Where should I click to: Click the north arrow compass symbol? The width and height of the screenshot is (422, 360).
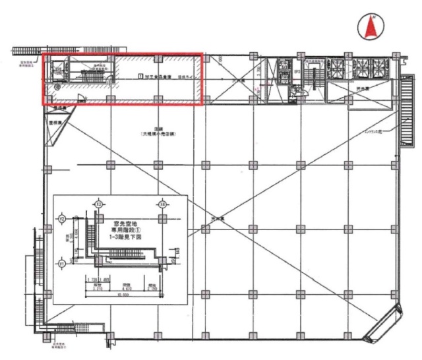(x=371, y=26)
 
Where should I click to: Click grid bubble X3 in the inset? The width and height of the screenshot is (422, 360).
(x=98, y=205)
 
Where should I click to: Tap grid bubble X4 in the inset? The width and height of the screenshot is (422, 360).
(x=161, y=205)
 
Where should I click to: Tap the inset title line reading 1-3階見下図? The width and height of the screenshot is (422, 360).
(x=129, y=237)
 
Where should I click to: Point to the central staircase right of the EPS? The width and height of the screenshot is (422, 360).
(x=313, y=78)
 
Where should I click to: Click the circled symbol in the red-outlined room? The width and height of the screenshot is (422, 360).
(x=57, y=86)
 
